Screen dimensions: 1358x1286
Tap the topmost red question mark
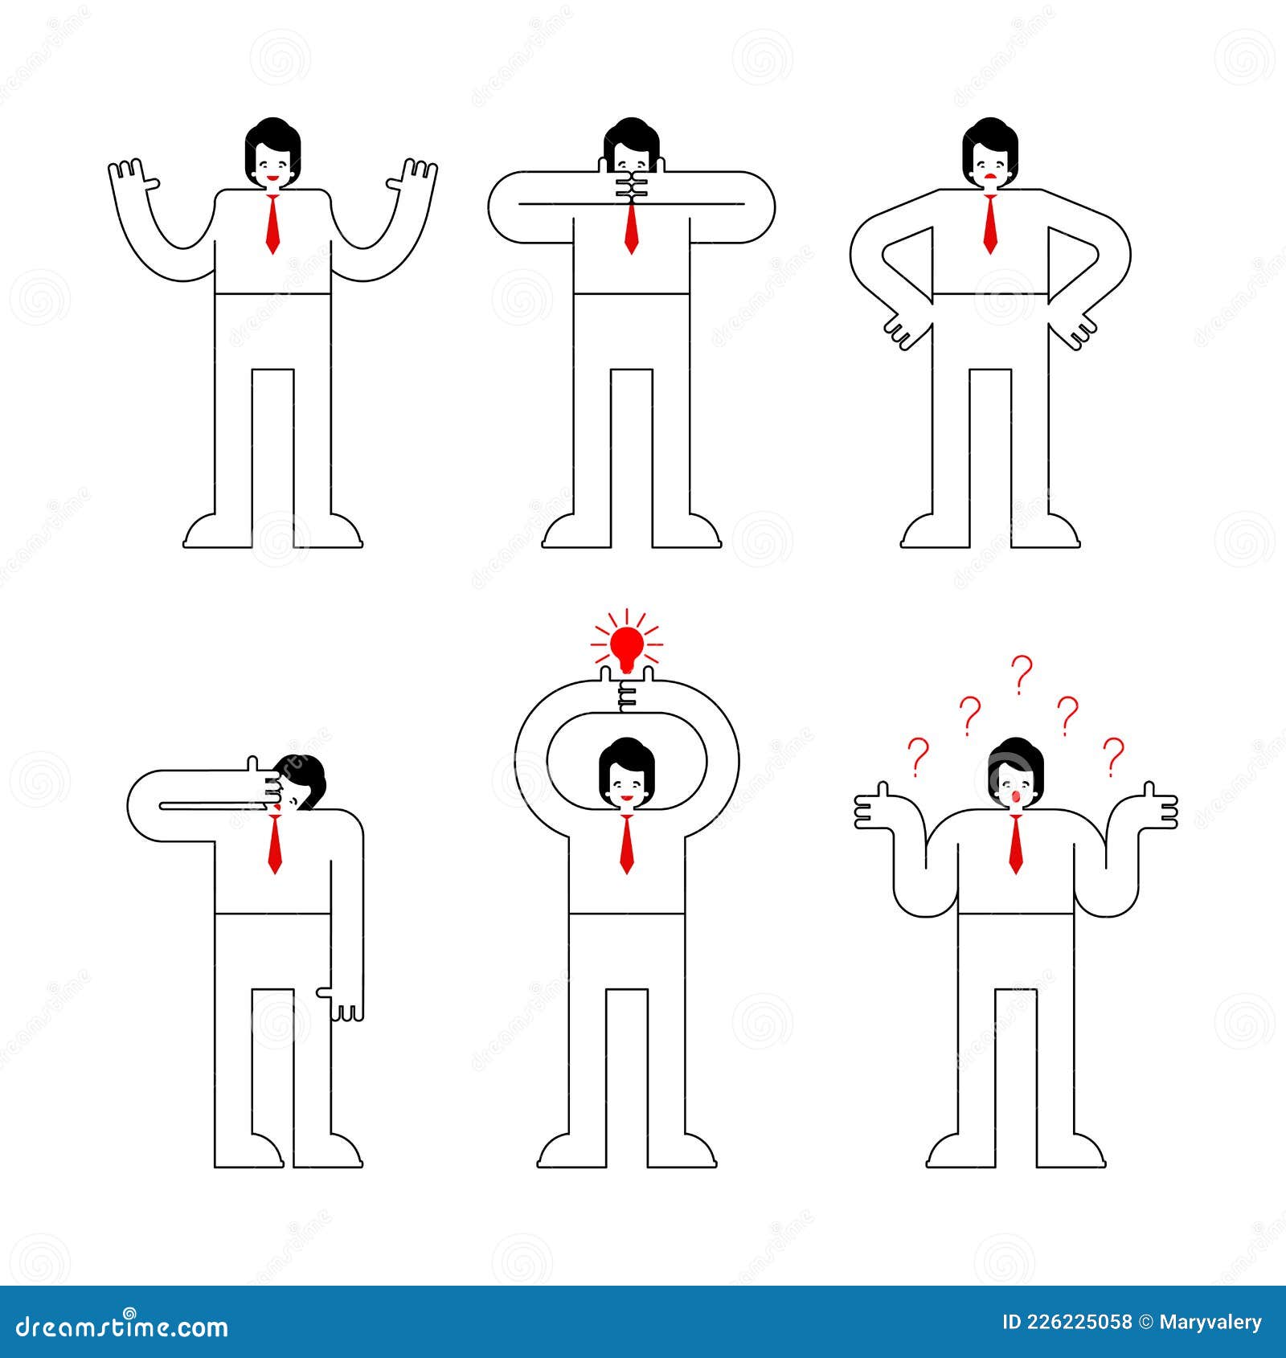tap(1021, 673)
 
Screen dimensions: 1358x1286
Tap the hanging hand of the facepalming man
tap(346, 1004)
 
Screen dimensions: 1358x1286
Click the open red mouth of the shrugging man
tap(1015, 796)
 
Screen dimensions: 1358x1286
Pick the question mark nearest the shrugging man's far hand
tap(1113, 755)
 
